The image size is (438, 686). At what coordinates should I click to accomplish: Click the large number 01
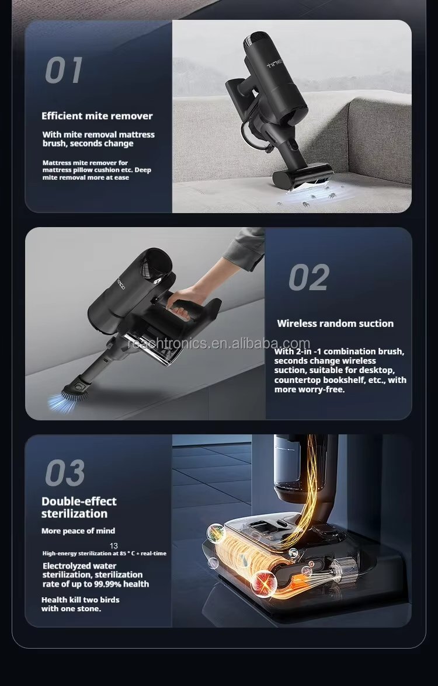click(64, 71)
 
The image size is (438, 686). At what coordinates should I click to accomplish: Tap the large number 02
click(309, 277)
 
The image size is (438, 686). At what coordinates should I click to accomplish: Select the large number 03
click(65, 473)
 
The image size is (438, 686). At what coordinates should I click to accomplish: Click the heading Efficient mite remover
click(97, 116)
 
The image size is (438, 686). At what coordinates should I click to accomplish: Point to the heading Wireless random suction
click(336, 324)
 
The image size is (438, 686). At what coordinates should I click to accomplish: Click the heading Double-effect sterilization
click(79, 507)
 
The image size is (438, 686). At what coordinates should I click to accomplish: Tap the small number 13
click(114, 545)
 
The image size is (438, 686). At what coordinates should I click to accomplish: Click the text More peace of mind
click(78, 531)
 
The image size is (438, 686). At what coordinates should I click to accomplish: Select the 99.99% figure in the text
click(109, 584)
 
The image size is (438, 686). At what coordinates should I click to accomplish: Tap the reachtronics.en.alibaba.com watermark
click(219, 343)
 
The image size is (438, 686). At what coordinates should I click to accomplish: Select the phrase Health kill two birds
click(80, 600)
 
